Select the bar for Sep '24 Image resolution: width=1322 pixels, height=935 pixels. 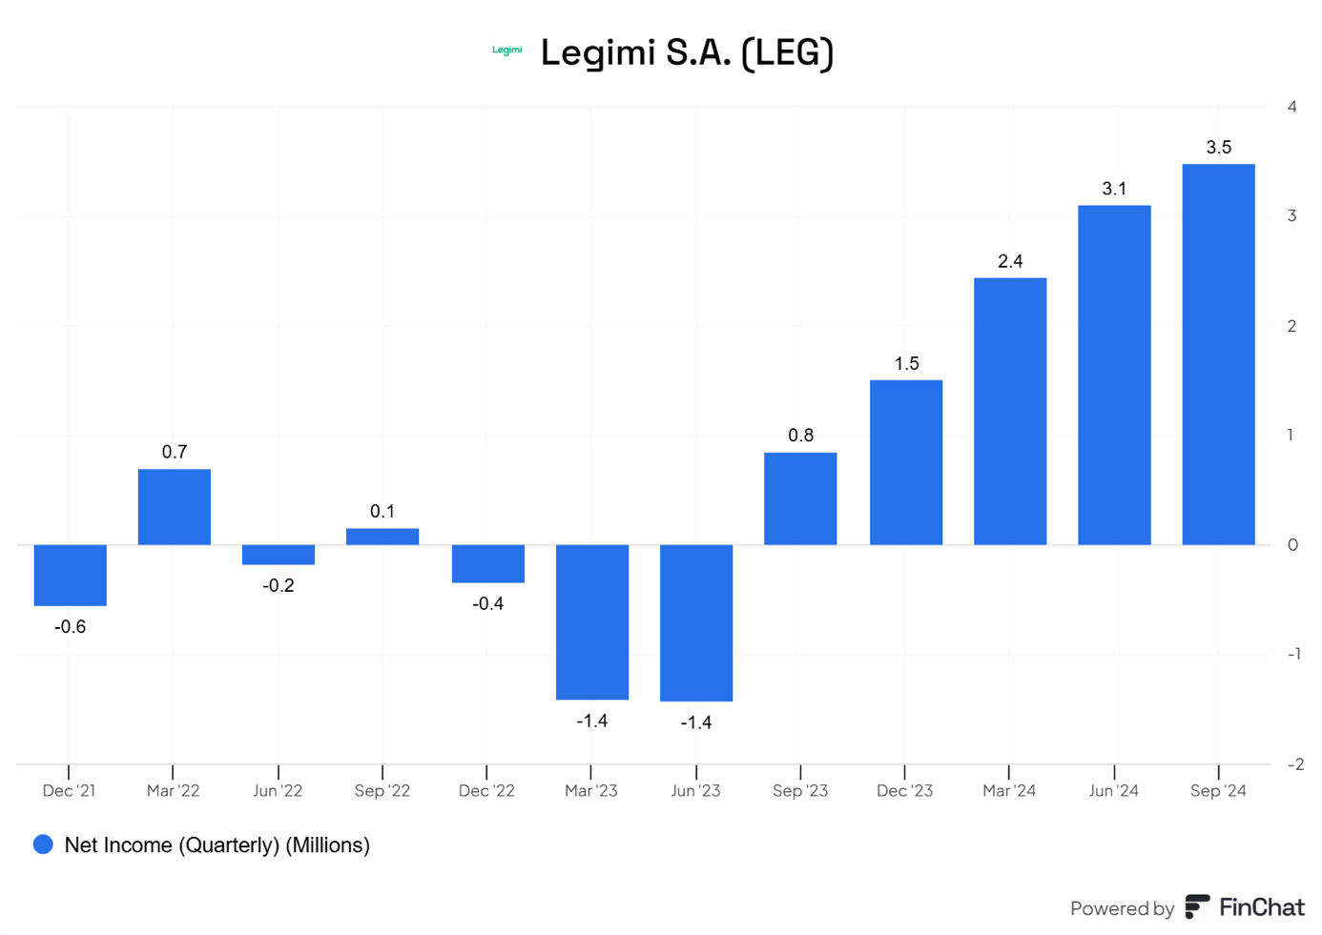point(1218,355)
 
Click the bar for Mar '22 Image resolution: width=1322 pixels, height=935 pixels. point(174,507)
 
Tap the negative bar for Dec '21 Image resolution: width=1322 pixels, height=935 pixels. point(70,575)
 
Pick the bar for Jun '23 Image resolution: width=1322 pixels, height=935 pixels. point(696,622)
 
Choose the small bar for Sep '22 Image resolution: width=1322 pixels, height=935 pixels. point(382,537)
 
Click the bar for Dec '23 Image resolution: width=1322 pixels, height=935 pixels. point(906,462)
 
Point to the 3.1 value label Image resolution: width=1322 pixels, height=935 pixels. point(1114,189)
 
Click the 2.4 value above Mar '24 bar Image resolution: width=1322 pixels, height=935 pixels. point(1010,261)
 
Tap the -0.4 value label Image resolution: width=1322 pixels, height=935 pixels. point(487,603)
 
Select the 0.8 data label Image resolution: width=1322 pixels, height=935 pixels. point(800,436)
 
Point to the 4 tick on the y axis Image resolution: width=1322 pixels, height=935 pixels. point(1291,107)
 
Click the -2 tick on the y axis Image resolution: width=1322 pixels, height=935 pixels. point(1294,764)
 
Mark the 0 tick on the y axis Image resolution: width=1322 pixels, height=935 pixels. point(1292,545)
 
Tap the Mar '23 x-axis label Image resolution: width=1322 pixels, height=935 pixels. point(591,791)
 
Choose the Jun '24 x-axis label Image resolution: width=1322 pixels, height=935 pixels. point(1113,791)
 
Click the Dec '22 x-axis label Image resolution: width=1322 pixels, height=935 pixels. point(486,791)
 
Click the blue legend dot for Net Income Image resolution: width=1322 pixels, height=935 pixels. point(43,844)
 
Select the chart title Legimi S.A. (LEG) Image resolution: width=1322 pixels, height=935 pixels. point(687,52)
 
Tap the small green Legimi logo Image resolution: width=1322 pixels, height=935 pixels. point(506,51)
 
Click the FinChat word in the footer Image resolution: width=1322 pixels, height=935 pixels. point(1261,907)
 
